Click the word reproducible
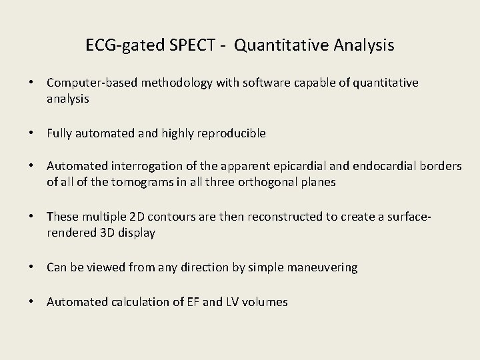[x=230, y=133]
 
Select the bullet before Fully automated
[x=32, y=133]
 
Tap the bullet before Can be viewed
[x=32, y=267]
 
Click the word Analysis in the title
[x=361, y=46]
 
